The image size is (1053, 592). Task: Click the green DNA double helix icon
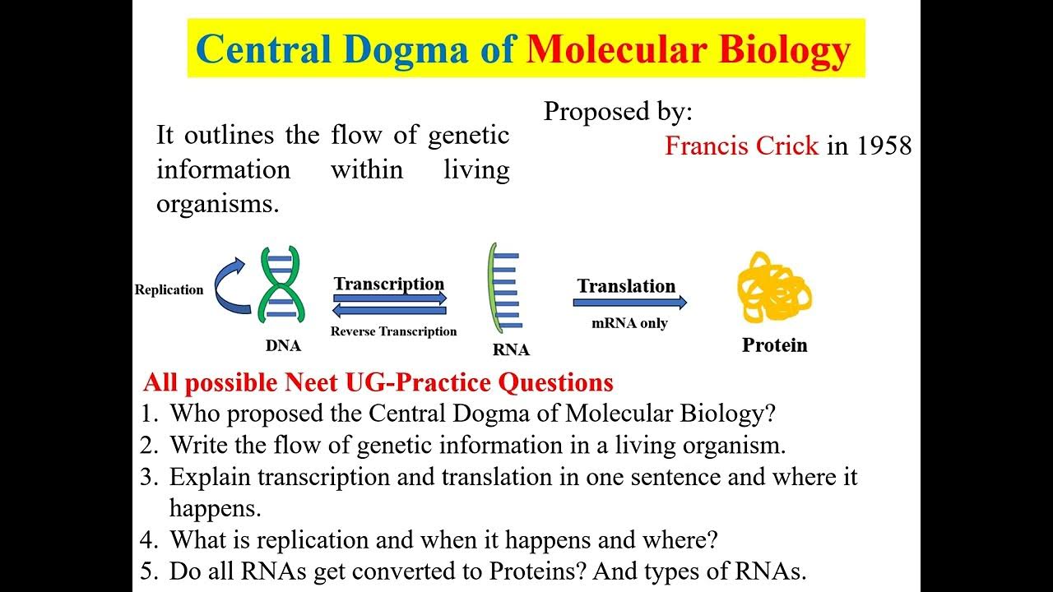tap(281, 285)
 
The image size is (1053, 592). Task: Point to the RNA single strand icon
tap(502, 291)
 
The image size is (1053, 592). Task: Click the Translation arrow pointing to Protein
tap(630, 303)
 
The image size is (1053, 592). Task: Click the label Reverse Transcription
tap(393, 331)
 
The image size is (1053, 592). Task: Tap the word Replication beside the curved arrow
tap(169, 289)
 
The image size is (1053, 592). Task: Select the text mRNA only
tap(629, 323)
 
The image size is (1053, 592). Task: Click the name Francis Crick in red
tap(741, 146)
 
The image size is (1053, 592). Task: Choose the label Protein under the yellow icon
tap(774, 345)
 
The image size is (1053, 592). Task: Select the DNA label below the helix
tap(283, 345)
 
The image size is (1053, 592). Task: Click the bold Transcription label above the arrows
tap(389, 284)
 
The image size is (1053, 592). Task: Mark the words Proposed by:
tap(618, 112)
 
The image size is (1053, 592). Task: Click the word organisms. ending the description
tap(218, 204)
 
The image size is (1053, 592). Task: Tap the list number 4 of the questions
tap(148, 540)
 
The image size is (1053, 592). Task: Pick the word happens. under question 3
tap(216, 508)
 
